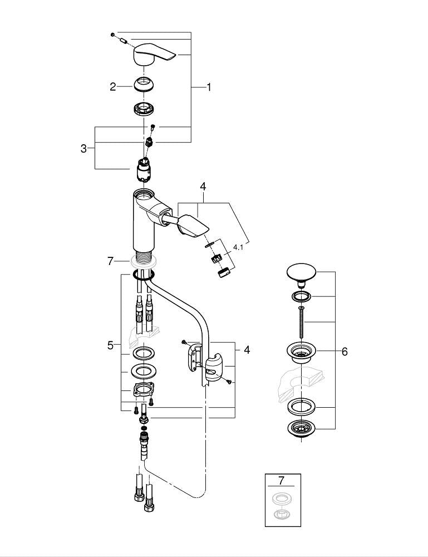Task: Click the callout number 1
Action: (209, 87)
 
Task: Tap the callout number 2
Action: (113, 86)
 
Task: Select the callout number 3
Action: (83, 149)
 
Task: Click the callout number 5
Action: (110, 345)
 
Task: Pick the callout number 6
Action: (345, 351)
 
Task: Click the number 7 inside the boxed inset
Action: (281, 480)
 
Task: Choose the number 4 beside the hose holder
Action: (247, 350)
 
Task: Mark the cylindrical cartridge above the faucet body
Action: (144, 170)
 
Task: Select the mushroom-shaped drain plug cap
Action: (301, 273)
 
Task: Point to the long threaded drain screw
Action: (301, 324)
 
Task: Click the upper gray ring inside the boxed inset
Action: (282, 497)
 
